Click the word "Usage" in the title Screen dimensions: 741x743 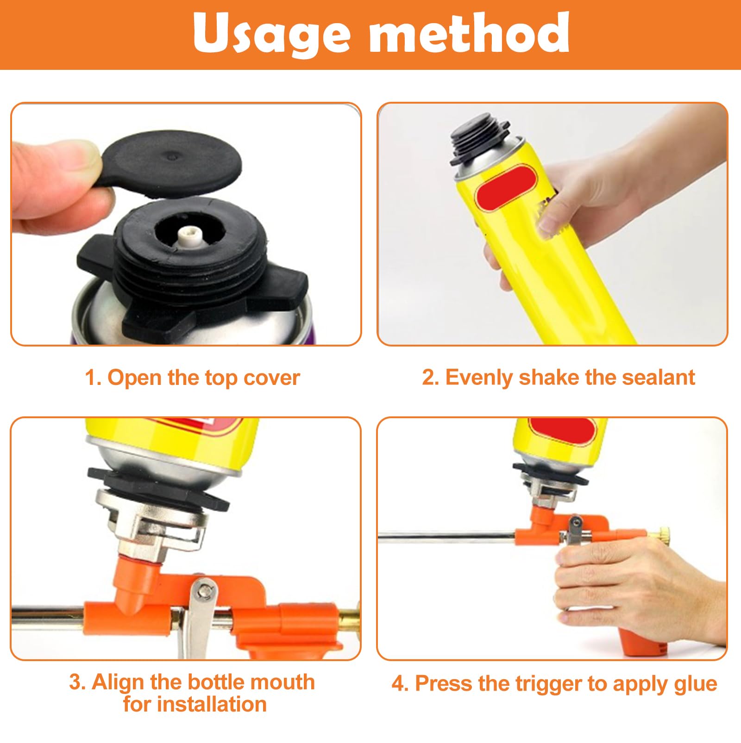[272, 34]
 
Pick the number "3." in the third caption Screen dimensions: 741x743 [77, 682]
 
